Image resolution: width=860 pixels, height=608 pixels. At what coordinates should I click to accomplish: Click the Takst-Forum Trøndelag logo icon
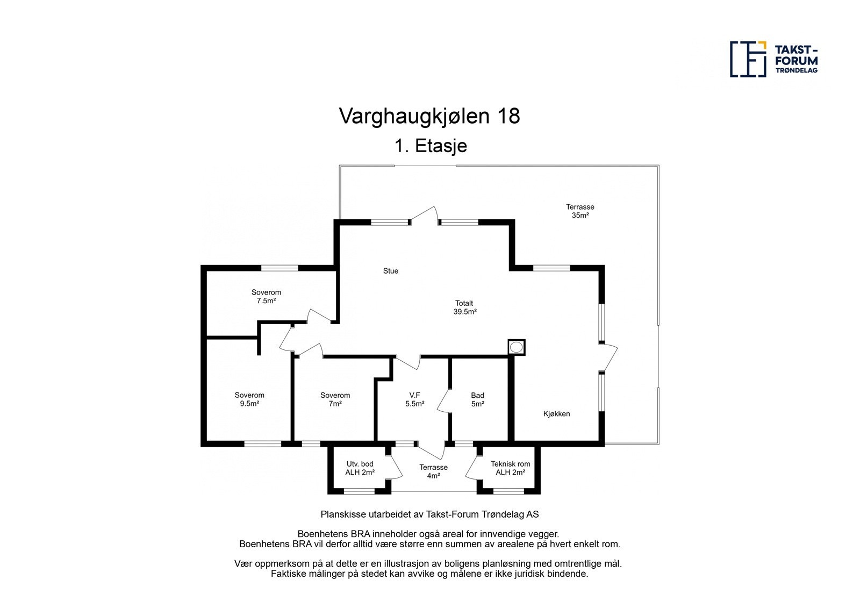coord(748,59)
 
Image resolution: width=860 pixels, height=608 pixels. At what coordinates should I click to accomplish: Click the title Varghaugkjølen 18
coord(429,116)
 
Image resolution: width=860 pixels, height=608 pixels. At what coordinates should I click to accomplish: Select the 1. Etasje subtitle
coord(431,146)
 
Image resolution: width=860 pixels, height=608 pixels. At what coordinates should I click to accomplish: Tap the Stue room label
coord(391,271)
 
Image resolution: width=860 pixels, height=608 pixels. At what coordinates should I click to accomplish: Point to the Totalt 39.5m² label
coord(464,307)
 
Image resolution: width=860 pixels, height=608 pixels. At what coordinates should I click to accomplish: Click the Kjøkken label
coord(556,414)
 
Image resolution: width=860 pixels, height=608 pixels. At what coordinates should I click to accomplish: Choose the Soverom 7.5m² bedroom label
coord(266,297)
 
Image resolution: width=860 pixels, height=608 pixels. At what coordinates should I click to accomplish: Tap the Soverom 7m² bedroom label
coord(335,399)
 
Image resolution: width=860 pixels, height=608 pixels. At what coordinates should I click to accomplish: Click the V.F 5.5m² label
coord(414,399)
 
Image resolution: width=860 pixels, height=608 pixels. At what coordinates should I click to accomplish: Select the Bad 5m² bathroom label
coord(477,399)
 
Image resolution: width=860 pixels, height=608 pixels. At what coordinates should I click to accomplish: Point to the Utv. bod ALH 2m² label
coord(360,468)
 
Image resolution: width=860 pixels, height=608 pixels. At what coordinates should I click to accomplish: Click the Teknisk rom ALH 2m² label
coord(510,468)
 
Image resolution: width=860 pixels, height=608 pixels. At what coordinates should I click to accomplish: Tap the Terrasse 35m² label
coord(580,211)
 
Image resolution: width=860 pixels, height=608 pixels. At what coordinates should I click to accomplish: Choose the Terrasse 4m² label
coord(433,471)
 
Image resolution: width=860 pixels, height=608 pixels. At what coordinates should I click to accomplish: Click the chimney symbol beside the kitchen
coord(517,347)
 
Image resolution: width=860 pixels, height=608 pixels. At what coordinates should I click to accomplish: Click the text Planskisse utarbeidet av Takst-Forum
coord(429,514)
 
